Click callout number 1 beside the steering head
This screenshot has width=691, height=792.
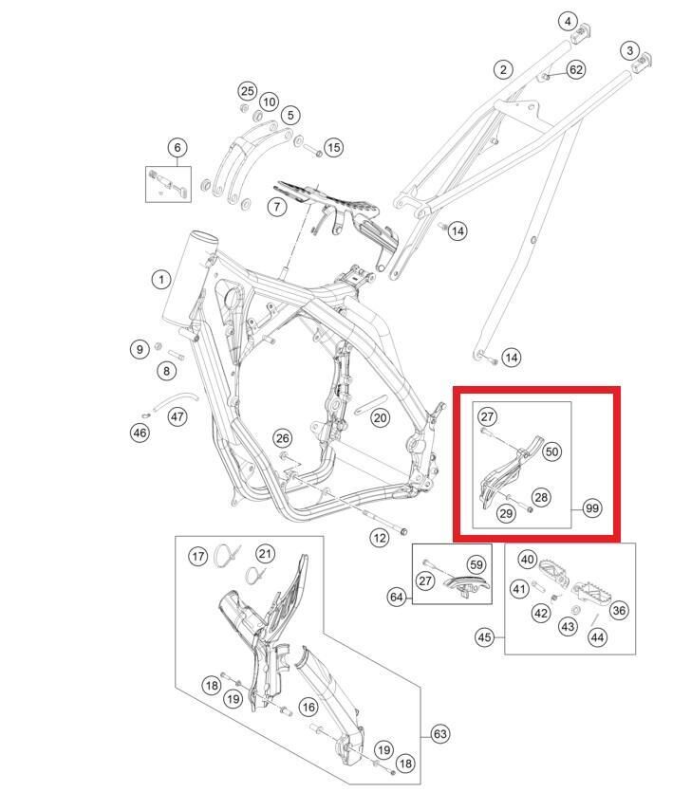tap(161, 279)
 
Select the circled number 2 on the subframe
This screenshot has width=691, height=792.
tap(503, 69)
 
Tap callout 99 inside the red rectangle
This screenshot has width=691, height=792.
tap(592, 508)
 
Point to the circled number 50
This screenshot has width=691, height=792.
tap(551, 451)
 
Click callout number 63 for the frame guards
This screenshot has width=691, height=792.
tap(439, 733)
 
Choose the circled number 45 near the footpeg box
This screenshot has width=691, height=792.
tap(485, 637)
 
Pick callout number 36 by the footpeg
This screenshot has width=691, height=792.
tap(619, 610)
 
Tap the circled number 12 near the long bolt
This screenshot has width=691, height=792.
tap(380, 538)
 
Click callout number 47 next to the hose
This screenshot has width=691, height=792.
tap(177, 416)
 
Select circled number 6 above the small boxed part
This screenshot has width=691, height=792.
tap(177, 148)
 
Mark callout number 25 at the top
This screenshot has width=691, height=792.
tap(248, 91)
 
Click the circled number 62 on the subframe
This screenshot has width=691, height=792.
tap(576, 69)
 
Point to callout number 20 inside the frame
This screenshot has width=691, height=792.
tap(380, 417)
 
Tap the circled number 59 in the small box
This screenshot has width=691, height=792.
tap(476, 563)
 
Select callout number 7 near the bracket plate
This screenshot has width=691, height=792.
tap(276, 206)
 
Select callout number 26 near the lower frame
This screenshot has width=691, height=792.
tap(282, 437)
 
